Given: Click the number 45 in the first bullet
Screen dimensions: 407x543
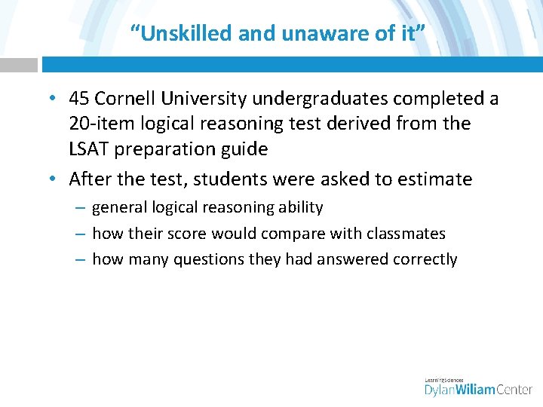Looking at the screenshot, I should (x=80, y=99).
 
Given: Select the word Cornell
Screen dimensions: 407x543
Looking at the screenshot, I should (x=128, y=99).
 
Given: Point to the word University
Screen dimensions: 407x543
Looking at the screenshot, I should (x=206, y=99).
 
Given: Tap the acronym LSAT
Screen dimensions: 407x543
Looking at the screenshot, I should (x=88, y=149).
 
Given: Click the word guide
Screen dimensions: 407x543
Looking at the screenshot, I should (x=244, y=149).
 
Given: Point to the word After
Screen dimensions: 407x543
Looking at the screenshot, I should (x=90, y=179).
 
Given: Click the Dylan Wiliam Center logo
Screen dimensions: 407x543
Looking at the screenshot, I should (x=478, y=387).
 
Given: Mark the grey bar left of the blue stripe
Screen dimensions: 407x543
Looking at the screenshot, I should (x=18, y=65).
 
